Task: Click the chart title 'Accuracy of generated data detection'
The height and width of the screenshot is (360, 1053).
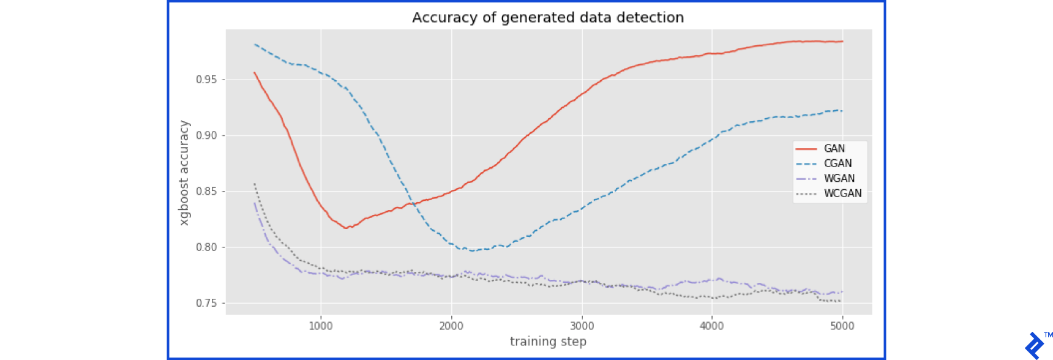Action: tap(548, 18)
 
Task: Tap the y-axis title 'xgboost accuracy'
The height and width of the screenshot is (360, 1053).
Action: tap(184, 173)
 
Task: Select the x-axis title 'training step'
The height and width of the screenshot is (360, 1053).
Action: tap(548, 342)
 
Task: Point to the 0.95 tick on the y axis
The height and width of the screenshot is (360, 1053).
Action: tap(206, 80)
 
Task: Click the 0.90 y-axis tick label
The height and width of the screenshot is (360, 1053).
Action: tap(206, 135)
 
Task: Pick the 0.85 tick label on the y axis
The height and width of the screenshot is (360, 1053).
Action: tap(206, 191)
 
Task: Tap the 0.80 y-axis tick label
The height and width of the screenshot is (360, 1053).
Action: tap(206, 247)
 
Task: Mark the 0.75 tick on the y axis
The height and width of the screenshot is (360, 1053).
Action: tap(206, 303)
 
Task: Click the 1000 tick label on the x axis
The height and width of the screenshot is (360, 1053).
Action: tap(321, 326)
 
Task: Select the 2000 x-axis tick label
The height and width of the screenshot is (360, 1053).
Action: tap(451, 326)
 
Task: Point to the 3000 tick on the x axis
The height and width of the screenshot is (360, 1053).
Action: tap(582, 326)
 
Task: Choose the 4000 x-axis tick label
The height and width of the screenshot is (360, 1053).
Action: tap(711, 326)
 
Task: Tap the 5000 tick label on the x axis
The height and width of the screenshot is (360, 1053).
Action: tap(842, 326)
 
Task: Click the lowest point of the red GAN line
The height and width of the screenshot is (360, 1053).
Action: tap(347, 228)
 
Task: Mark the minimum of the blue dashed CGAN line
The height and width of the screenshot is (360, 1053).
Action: tap(471, 250)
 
